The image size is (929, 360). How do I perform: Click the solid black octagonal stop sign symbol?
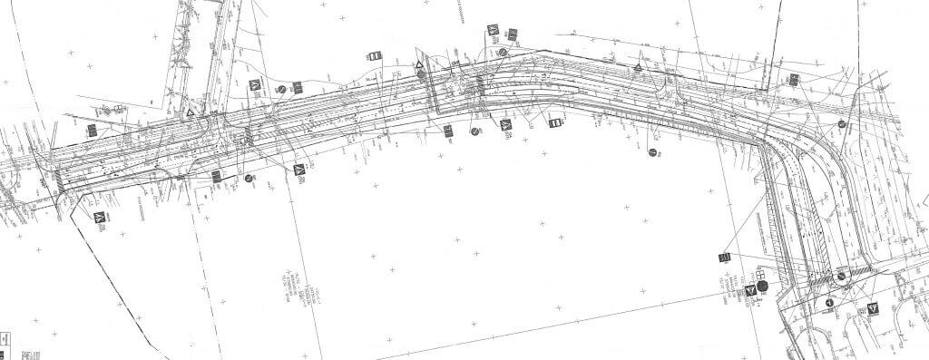(762, 287)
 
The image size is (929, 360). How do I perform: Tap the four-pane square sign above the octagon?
(762, 273)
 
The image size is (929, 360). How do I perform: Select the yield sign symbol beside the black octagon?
(750, 289)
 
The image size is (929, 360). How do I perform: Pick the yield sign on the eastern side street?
(873, 308)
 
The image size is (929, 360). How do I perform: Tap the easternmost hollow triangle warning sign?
(639, 68)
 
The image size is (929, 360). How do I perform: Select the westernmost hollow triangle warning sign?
(190, 113)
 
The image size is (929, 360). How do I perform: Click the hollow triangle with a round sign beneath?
(419, 67)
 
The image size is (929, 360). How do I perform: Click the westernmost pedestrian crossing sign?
(100, 218)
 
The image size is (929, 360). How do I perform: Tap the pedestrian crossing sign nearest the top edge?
(493, 31)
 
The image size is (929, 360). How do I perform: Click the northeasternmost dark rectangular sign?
(793, 80)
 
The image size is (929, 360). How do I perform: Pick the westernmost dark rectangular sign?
(92, 131)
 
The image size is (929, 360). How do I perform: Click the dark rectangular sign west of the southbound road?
(724, 258)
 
